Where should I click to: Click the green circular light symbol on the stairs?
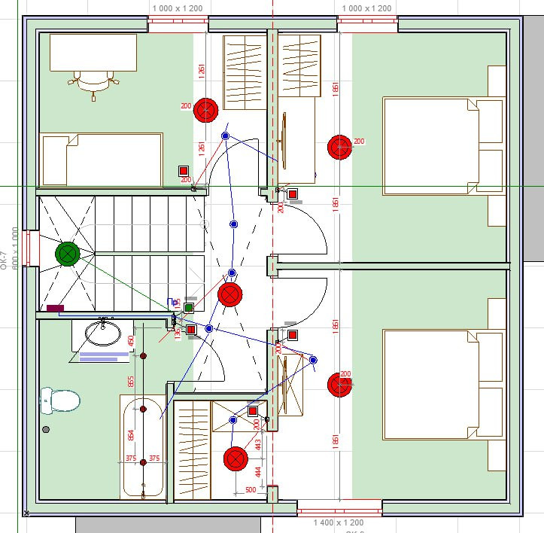coord(68,254)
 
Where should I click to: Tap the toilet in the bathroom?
coord(59,399)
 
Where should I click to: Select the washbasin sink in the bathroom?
coord(102,331)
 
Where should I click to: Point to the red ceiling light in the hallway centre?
coord(229,294)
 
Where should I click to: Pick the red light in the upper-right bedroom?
coord(339,147)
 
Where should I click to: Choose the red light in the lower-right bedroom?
coord(339,385)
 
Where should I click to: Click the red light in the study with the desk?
coord(205,111)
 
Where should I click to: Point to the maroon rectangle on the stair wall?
coord(55,308)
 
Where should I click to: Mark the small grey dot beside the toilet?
coord(46,429)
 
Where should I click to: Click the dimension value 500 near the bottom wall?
coord(251,489)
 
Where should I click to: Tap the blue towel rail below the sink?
coord(104,356)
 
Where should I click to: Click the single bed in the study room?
coord(102,160)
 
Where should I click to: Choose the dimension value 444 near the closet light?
coord(258,471)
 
